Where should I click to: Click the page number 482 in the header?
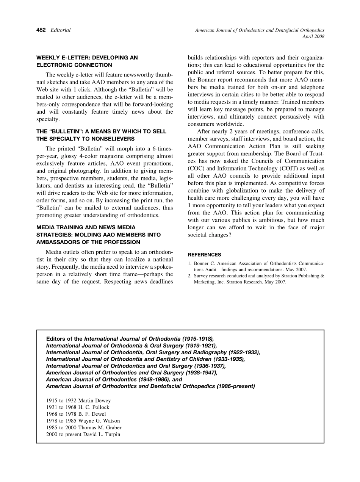[x=41, y=30]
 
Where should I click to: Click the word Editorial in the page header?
[x=61, y=30]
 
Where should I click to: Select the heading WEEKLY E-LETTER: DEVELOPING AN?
[x=87, y=58]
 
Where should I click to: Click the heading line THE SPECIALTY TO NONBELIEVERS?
[x=85, y=139]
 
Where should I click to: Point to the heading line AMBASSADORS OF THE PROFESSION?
[x=88, y=242]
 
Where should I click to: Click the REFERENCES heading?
[x=204, y=255]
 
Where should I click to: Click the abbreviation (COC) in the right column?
[x=197, y=169]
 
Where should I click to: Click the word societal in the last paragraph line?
[x=200, y=235]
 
